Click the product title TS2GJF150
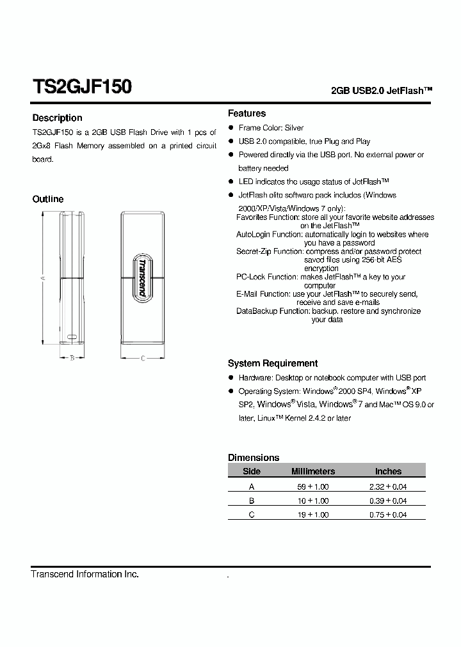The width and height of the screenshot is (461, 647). pyautogui.click(x=82, y=87)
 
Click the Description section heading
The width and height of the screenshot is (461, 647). pyautogui.click(x=57, y=118)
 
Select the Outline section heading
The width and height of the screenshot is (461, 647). pyautogui.click(x=48, y=199)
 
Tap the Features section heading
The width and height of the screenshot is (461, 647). pyautogui.click(x=247, y=113)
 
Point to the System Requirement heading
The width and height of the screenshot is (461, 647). pyautogui.click(x=273, y=363)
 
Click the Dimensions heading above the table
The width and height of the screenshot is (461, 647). pyautogui.click(x=254, y=457)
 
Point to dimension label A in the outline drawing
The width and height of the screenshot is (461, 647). pyautogui.click(x=42, y=278)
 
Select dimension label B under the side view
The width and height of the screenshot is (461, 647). pyautogui.click(x=72, y=358)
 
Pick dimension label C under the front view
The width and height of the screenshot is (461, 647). pyautogui.click(x=142, y=358)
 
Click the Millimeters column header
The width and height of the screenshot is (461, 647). pyautogui.click(x=313, y=471)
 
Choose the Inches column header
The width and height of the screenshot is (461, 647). pyautogui.click(x=388, y=471)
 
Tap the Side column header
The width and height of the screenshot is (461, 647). pyautogui.click(x=252, y=471)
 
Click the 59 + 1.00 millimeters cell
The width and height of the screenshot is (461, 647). pyautogui.click(x=313, y=487)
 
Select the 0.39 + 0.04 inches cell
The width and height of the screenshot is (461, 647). pyautogui.click(x=388, y=501)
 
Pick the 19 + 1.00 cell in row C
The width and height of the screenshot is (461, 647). pyautogui.click(x=313, y=515)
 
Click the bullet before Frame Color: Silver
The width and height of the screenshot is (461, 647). pyautogui.click(x=231, y=128)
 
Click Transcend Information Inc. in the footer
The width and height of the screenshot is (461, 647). pyautogui.click(x=85, y=574)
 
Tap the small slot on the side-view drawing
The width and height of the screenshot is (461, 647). pyautogui.click(x=72, y=336)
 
